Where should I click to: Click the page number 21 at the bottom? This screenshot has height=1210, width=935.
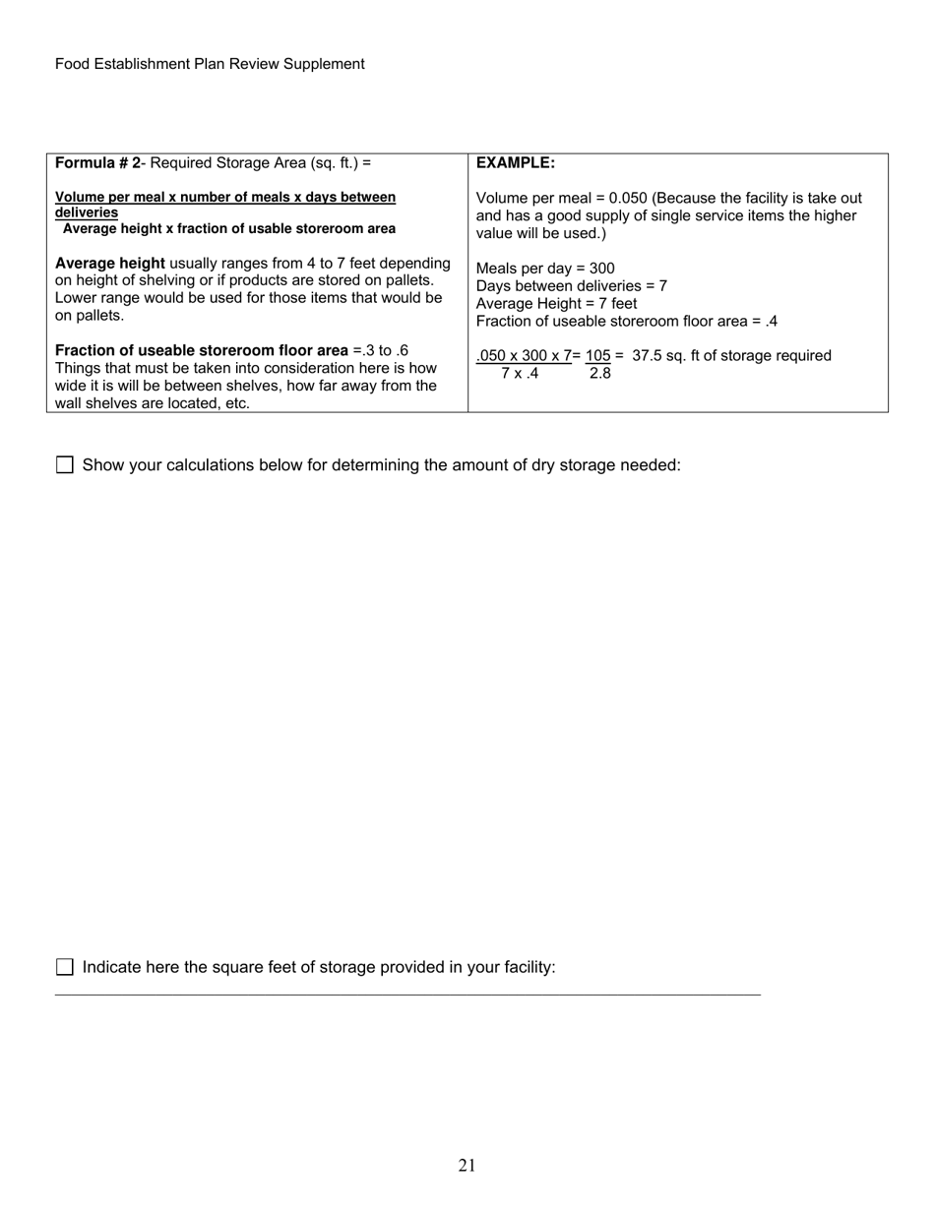point(467,1166)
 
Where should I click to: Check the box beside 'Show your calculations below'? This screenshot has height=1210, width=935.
point(65,465)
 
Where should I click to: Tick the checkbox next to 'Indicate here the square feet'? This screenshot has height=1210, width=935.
point(65,967)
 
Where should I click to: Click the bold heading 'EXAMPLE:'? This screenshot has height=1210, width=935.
point(515,163)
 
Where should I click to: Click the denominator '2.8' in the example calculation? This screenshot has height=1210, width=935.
point(599,374)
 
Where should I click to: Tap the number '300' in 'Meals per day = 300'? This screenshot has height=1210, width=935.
point(601,269)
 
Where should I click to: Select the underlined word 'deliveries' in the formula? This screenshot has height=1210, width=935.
point(87,213)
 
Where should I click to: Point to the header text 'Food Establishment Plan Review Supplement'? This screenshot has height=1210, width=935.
point(210,64)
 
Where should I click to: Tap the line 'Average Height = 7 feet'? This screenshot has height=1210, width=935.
point(556,304)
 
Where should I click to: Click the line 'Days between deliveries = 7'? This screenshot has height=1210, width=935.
point(571,286)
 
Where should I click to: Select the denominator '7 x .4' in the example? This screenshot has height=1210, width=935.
point(520,374)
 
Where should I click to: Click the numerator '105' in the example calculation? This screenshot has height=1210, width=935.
point(597,356)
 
